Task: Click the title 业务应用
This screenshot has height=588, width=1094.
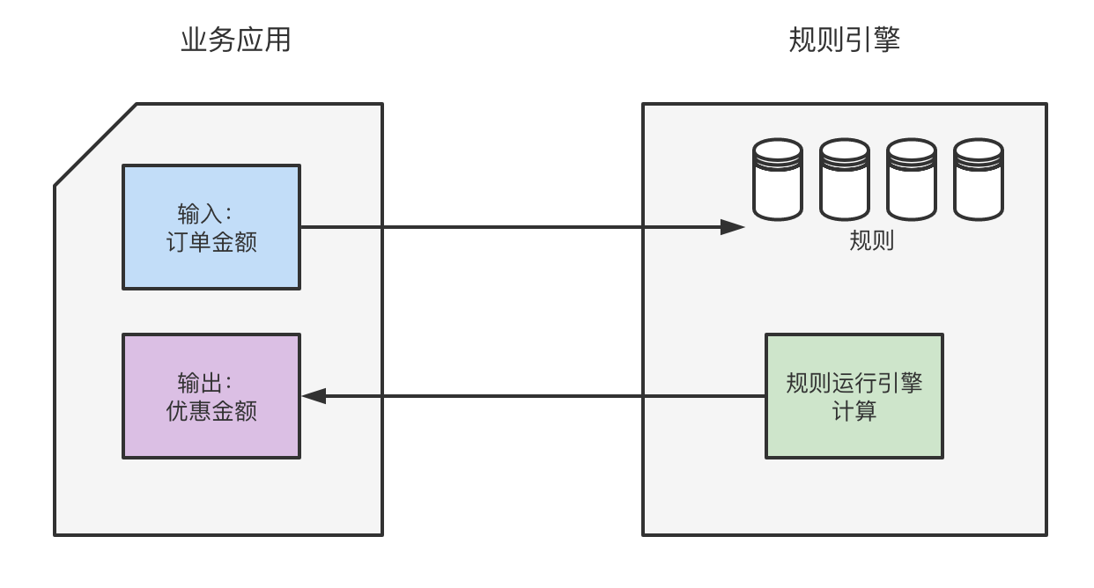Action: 235,40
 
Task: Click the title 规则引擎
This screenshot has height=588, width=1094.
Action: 845,40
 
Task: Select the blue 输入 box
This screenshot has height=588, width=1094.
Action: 211,227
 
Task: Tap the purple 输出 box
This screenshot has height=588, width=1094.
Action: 211,396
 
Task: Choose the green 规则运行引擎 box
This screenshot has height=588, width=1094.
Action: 854,396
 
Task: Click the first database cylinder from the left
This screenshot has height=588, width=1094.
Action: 778,180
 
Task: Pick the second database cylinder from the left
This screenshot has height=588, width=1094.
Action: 845,180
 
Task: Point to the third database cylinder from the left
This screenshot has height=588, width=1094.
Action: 912,180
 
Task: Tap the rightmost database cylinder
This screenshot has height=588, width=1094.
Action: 979,180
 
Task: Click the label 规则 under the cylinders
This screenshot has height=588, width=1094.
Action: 872,240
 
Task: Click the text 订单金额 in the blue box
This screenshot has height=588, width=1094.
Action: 211,242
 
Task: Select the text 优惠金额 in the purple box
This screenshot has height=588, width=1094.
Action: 211,411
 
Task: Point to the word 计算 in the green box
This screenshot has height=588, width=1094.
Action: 854,411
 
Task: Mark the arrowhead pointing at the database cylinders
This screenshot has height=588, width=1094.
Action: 734,227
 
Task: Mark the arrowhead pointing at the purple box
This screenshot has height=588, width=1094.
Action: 314,396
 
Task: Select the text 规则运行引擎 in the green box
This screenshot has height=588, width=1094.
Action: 854,384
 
